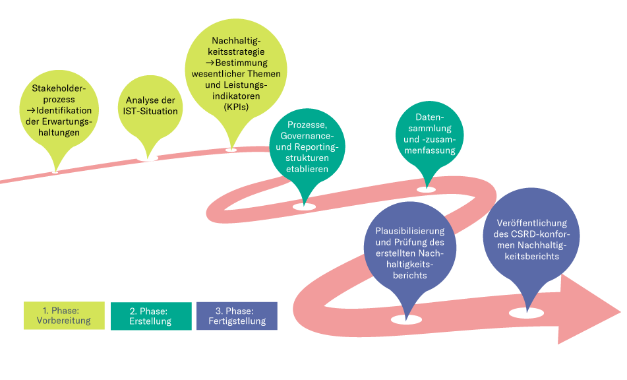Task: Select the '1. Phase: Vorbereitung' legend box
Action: point(64,316)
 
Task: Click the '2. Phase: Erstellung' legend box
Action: point(151,316)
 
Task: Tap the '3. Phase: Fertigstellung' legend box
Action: point(237,316)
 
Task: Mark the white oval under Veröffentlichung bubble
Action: point(526,313)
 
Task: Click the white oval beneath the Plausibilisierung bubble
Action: point(406,320)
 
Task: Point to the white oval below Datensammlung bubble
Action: point(427,189)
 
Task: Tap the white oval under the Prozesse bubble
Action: point(304,206)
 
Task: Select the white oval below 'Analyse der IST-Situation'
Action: point(147,158)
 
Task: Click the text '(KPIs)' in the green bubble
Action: point(236,106)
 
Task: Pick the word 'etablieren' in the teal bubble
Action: point(307,170)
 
